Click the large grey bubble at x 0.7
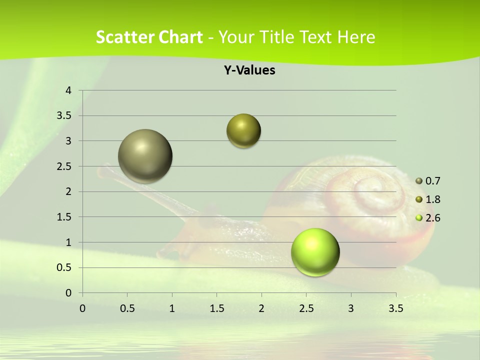(x=145, y=156)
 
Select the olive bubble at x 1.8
(x=243, y=131)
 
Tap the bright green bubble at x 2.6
(x=315, y=252)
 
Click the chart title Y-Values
(x=249, y=70)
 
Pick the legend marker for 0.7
(x=419, y=181)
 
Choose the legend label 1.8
(x=432, y=199)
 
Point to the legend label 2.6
(x=432, y=218)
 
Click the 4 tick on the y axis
(x=69, y=90)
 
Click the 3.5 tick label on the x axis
(x=395, y=308)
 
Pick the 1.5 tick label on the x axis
(x=216, y=308)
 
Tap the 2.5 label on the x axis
(x=306, y=308)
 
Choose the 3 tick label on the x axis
(x=351, y=308)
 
